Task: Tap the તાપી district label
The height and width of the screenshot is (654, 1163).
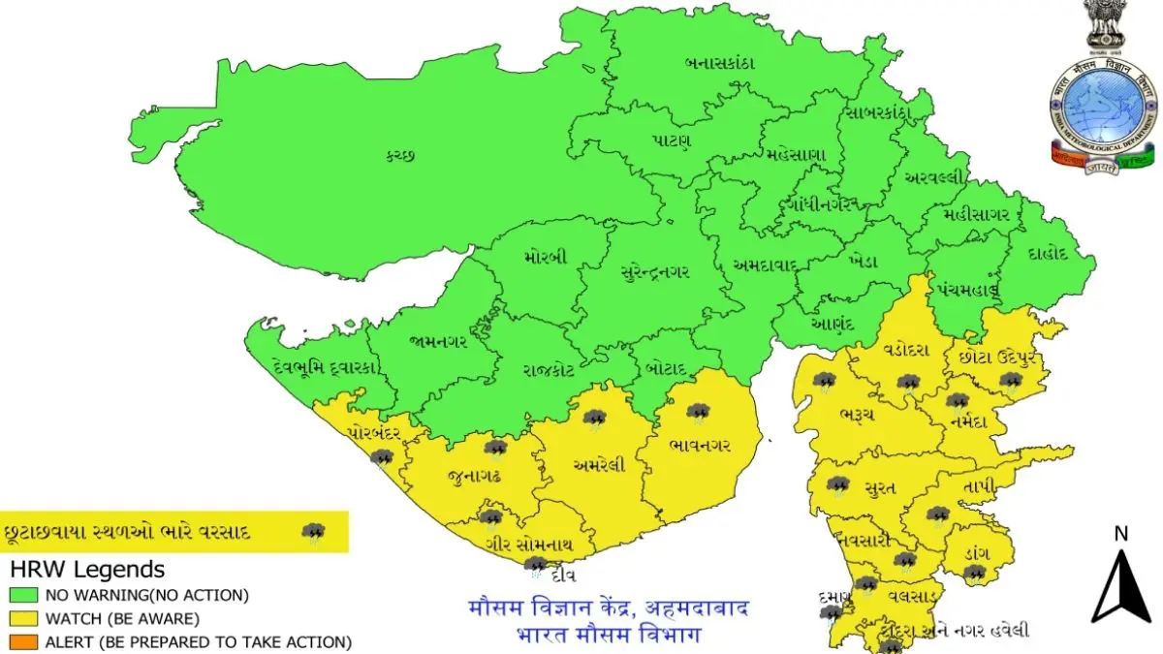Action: tap(980, 486)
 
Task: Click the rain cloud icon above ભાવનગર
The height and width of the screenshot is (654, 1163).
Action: tap(698, 414)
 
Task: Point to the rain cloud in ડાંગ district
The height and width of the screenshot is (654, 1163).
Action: tap(974, 574)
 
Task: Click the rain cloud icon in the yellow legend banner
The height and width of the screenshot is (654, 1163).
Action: tap(312, 532)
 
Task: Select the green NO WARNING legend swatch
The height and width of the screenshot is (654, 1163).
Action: tap(18, 594)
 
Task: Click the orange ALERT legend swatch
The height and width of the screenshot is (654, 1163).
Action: tap(18, 641)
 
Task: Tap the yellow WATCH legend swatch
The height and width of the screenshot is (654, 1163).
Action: tap(18, 617)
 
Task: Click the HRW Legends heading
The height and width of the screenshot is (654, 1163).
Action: tap(87, 570)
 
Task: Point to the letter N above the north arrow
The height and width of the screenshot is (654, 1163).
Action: tap(1121, 533)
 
